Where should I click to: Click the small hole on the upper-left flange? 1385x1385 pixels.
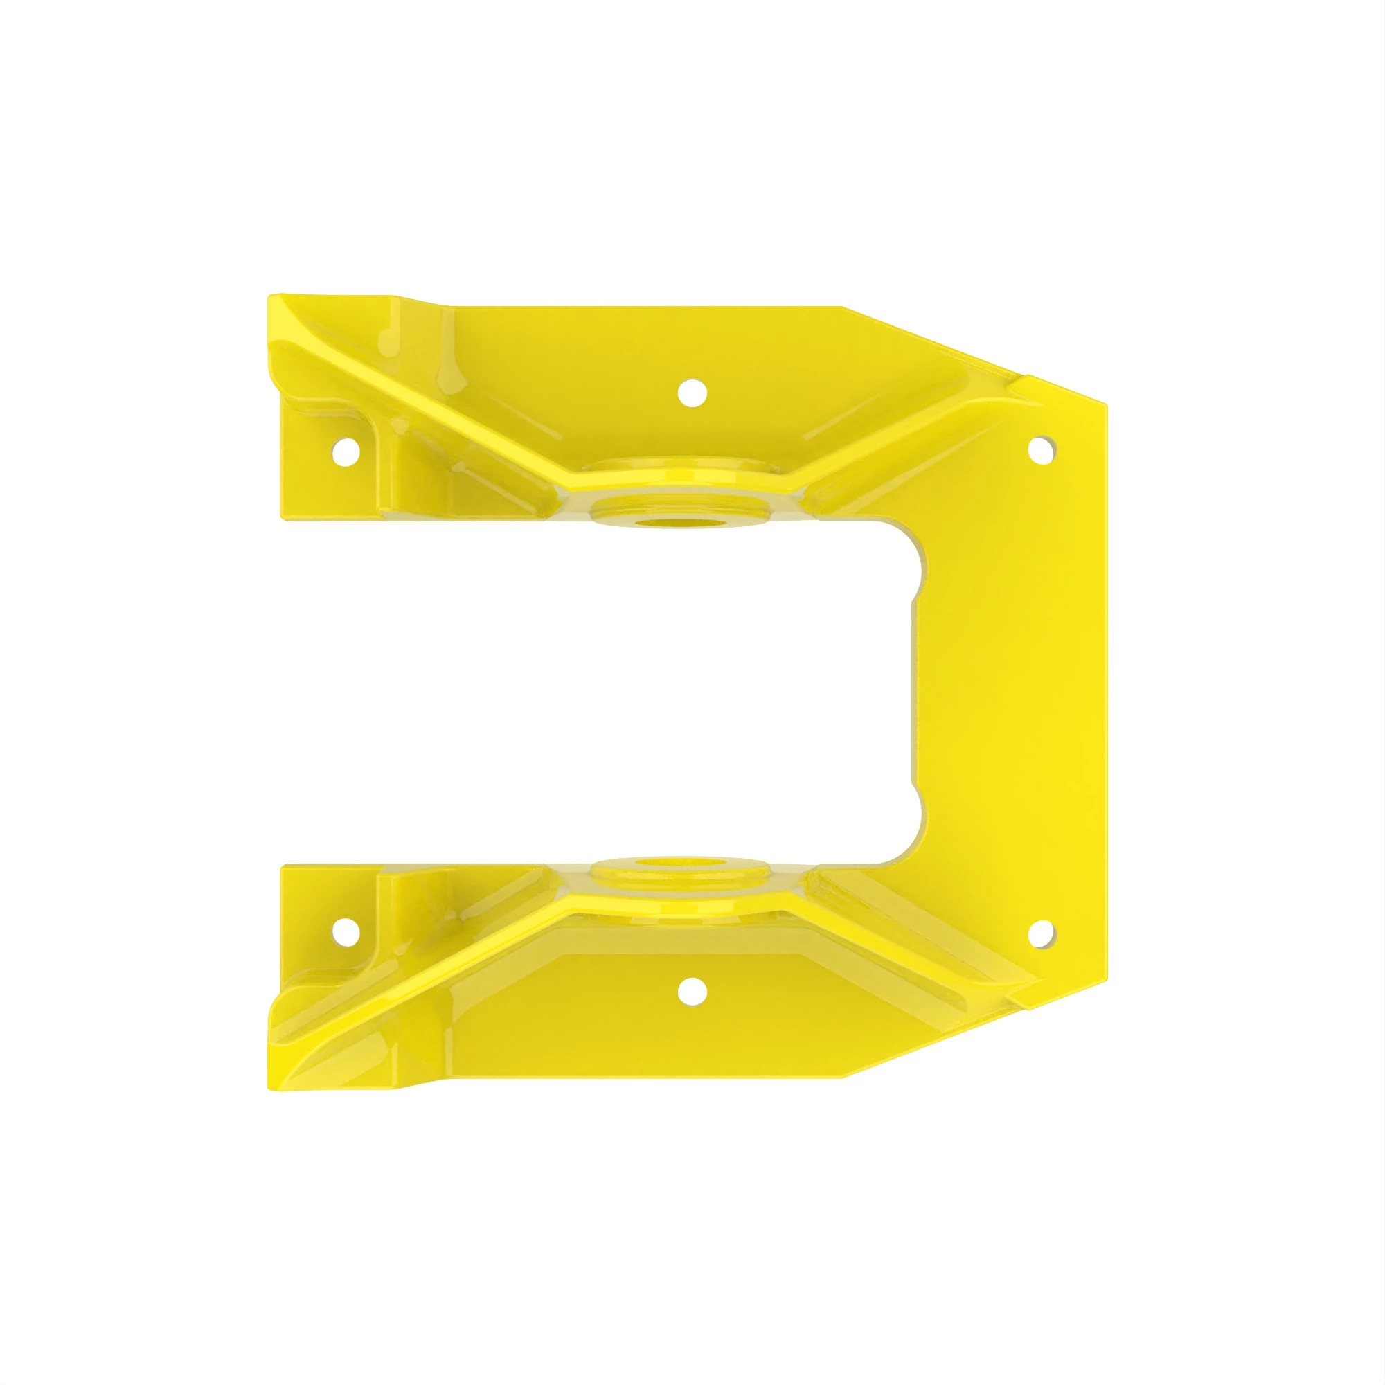click(x=346, y=451)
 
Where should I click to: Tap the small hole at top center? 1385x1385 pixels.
click(x=692, y=393)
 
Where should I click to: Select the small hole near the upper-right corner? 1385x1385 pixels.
click(x=1042, y=449)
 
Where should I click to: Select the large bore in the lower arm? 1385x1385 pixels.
click(x=681, y=863)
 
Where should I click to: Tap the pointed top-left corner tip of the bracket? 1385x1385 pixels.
click(x=271, y=298)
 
